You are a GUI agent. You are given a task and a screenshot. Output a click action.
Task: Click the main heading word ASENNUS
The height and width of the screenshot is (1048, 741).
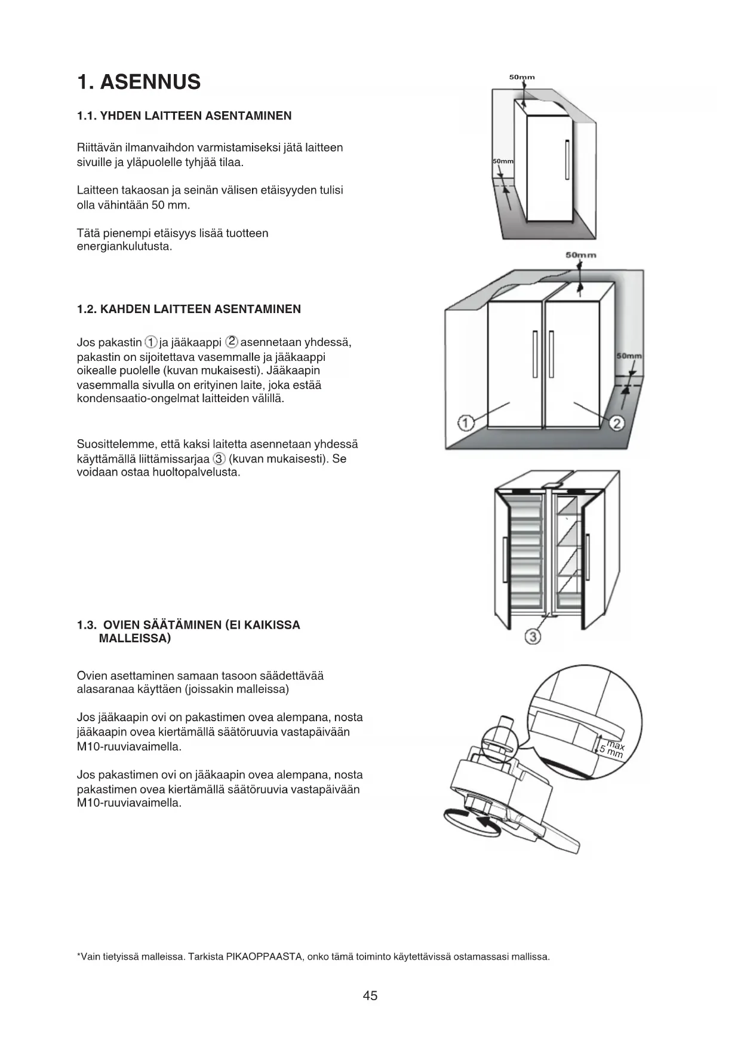[150, 82]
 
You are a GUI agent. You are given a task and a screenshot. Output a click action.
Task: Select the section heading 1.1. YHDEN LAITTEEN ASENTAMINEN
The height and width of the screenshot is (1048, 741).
[184, 116]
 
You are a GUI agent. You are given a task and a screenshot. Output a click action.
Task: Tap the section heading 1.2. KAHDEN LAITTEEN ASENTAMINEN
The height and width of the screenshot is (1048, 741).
[189, 310]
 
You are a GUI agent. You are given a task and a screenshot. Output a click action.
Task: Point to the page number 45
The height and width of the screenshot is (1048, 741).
[370, 996]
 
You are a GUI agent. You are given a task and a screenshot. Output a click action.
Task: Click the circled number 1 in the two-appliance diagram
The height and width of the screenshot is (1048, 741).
[466, 424]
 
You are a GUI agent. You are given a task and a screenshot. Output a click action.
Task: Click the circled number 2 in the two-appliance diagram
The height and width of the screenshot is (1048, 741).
[617, 424]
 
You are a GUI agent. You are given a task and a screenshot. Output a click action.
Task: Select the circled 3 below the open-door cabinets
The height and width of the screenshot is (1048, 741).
[533, 636]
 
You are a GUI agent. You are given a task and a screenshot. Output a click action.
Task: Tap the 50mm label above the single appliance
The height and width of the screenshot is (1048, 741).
[522, 77]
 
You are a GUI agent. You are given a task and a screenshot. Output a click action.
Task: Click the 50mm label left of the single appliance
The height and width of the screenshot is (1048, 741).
[503, 162]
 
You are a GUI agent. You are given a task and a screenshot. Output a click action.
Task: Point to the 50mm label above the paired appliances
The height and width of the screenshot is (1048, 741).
[580, 255]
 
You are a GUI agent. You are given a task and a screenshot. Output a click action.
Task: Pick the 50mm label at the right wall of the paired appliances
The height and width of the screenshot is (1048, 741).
[629, 356]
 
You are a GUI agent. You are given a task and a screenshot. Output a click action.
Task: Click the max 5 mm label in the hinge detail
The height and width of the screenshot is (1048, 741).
[613, 749]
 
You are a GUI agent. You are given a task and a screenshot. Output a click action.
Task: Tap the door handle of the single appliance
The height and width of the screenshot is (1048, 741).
[567, 159]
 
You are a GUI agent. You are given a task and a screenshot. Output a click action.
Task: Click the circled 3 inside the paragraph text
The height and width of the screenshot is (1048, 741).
[219, 459]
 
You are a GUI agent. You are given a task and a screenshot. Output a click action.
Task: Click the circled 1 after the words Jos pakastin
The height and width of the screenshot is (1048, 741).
[151, 342]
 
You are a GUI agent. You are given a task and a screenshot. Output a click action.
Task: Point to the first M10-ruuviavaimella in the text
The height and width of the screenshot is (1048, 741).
[129, 747]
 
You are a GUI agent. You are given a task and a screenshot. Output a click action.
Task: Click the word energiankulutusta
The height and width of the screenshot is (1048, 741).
[124, 247]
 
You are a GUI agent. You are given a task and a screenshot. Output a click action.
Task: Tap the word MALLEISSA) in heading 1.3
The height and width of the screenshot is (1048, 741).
[134, 639]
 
